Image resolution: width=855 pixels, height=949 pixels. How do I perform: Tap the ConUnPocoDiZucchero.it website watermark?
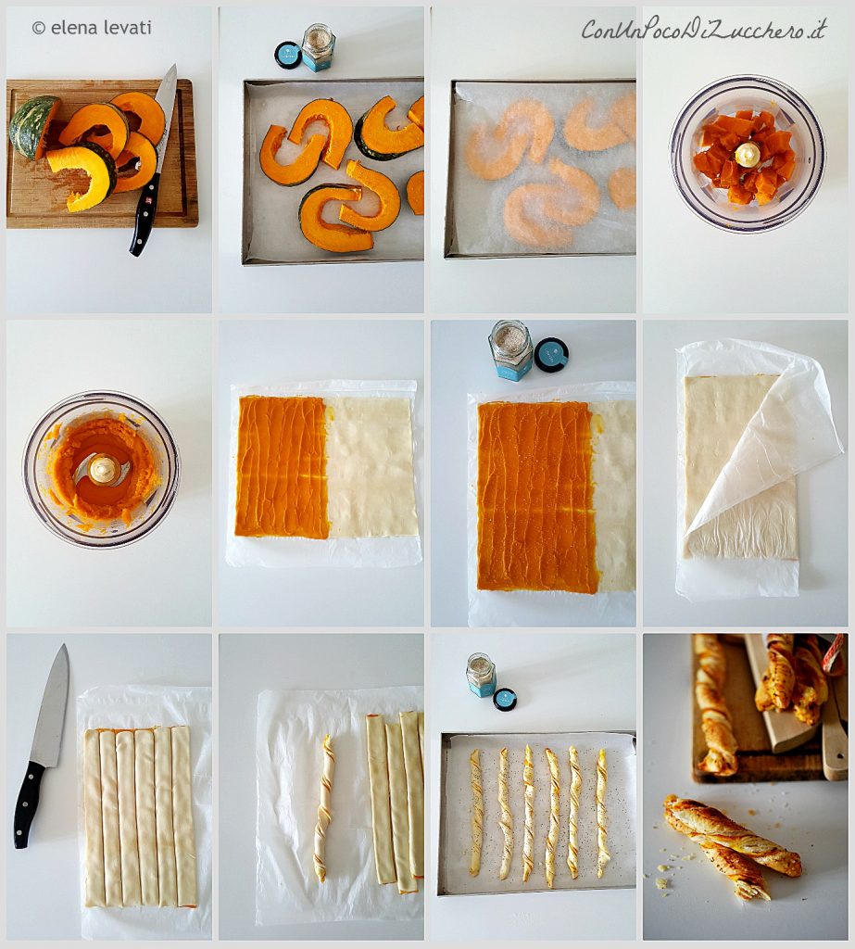704,29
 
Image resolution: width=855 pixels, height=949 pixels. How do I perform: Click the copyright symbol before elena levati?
39,28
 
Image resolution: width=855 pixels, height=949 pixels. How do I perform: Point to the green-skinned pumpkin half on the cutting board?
33,126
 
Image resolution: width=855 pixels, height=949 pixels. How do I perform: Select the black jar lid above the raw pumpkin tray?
287,55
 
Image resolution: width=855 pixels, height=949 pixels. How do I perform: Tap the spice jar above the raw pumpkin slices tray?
319,47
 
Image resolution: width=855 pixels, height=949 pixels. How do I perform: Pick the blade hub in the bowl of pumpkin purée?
102,469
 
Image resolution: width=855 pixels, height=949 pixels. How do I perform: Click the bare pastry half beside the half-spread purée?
371,467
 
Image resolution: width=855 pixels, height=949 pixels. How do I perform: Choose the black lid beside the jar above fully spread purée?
551,355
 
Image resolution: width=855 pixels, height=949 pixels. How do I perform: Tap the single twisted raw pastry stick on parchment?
323,807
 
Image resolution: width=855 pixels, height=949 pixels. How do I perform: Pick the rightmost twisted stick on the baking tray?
602,812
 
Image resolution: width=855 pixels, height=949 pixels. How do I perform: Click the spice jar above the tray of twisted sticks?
482,675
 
